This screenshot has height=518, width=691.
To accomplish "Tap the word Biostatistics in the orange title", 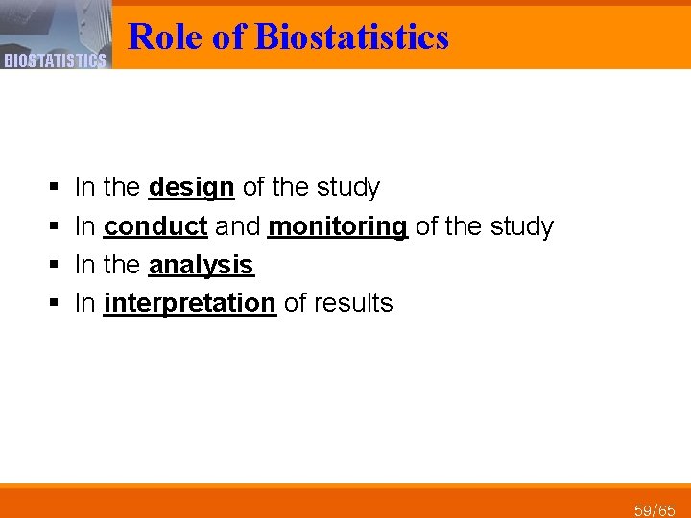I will (x=352, y=37).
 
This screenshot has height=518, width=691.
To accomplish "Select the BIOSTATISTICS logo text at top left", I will (x=55, y=60).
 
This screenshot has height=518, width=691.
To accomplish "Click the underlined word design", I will (x=192, y=188).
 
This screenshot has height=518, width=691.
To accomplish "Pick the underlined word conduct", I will (x=155, y=226).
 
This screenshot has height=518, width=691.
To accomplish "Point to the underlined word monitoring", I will (x=338, y=226).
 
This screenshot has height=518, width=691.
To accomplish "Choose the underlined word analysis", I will (x=201, y=265).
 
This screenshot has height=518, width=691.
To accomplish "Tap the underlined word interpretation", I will (x=190, y=303).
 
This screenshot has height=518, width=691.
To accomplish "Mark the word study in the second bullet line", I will (x=521, y=226).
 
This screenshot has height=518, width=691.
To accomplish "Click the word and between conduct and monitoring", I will (x=238, y=226).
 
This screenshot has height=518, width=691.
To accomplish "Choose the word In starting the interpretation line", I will (x=84, y=303).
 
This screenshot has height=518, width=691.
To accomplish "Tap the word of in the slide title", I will (x=227, y=37).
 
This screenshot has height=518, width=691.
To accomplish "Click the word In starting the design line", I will (x=84, y=188).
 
